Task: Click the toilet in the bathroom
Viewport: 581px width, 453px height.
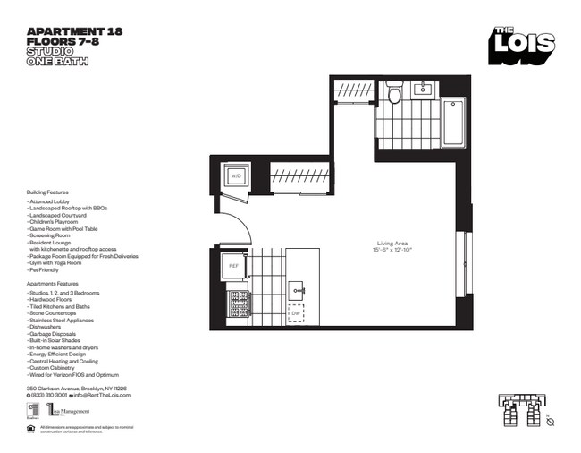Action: tap(394, 92)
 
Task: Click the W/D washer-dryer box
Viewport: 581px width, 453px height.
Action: tap(237, 176)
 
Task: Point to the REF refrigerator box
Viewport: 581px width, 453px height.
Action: tap(233, 265)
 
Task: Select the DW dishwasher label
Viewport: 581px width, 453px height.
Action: tap(295, 313)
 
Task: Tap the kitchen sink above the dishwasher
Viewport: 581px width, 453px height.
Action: tap(296, 290)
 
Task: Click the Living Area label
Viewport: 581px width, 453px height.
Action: tap(392, 243)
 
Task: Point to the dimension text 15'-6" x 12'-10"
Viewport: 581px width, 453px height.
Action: tap(392, 250)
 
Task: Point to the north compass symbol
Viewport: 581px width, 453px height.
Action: tap(552, 420)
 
